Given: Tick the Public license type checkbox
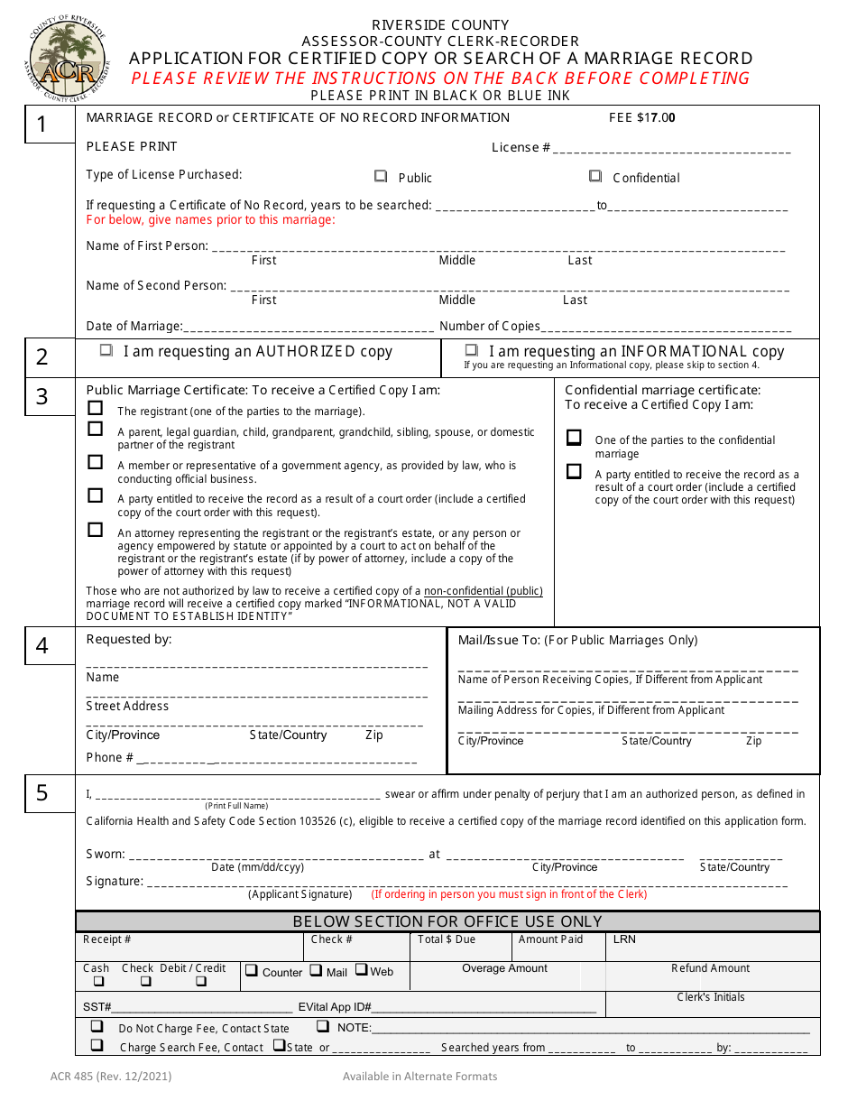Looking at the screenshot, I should coord(381,177).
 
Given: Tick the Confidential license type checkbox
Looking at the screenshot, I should coord(595,177).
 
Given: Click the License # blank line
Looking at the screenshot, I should coord(672,152).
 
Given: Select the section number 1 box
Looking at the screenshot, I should coord(50,125).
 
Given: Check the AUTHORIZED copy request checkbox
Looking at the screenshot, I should coord(106,350).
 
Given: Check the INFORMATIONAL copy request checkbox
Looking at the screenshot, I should coord(472,350).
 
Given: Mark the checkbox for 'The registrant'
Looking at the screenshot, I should coord(96,408).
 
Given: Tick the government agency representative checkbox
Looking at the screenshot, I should coord(96,462).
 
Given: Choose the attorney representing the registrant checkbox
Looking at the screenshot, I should coord(96,530).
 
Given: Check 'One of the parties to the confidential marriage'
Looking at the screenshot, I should coord(574,438).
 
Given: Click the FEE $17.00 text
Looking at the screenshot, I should coord(641,117).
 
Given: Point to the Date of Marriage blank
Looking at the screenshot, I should coord(309,330).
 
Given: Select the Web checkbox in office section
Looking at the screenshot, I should coord(361,970).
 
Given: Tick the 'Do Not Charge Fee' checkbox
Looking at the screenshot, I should coord(97,1026).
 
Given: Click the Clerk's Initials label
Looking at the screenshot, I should coord(711,997).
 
